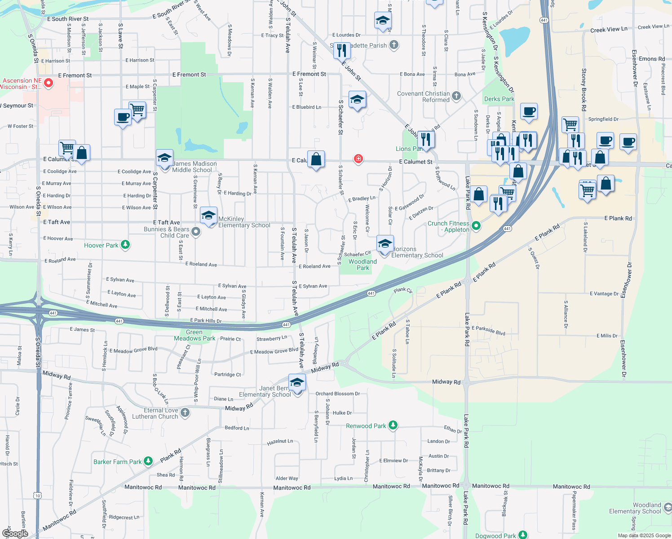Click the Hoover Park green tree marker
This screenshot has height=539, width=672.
(x=126, y=245)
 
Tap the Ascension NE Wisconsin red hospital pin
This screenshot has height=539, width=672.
(x=49, y=83)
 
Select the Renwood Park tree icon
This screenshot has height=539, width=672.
(x=393, y=425)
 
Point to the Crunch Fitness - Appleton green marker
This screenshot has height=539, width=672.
(x=476, y=226)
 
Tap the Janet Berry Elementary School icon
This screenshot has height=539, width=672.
(x=297, y=383)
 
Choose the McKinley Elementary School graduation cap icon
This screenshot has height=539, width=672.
(x=209, y=216)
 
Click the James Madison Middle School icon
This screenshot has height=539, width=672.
(x=165, y=159)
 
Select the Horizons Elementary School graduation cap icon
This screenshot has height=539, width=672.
(x=385, y=244)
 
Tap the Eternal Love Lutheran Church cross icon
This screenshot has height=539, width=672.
(x=185, y=413)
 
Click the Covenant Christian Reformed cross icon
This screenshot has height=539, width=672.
(x=456, y=96)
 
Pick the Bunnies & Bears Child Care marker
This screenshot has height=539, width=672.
(x=195, y=232)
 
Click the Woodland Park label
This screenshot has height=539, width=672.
(x=363, y=265)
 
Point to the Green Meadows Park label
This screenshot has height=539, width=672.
(x=195, y=335)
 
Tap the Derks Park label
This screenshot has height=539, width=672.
(x=499, y=99)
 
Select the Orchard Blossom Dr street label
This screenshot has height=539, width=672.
(x=337, y=393)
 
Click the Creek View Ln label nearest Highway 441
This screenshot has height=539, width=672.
(x=609, y=30)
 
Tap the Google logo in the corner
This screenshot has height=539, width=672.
(x=15, y=533)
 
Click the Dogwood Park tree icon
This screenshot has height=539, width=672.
(x=522, y=535)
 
